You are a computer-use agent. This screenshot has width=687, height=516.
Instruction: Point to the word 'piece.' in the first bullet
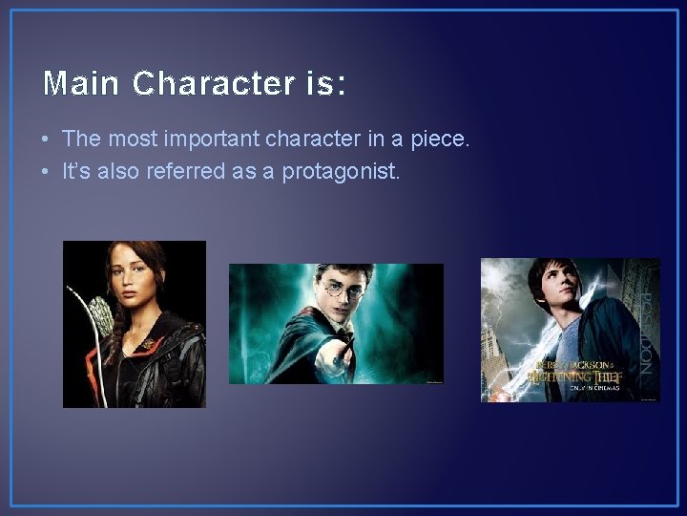440,139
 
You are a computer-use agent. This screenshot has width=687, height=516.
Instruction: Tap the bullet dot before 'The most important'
46,140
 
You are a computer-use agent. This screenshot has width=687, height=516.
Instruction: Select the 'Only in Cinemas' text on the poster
594,388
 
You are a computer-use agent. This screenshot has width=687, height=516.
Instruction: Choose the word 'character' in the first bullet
323,139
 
